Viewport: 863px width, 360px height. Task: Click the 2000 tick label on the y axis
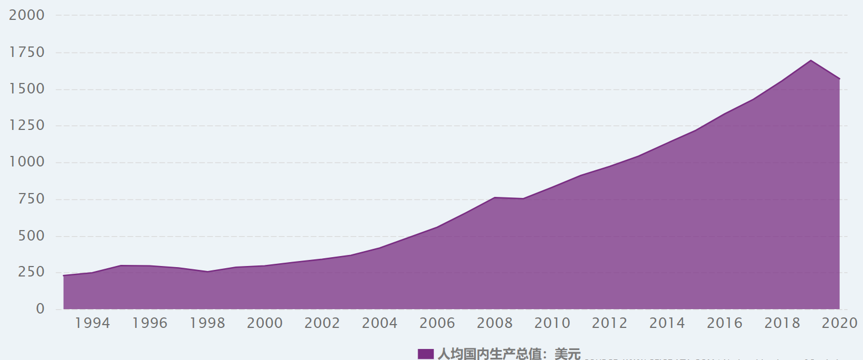(x=27, y=15)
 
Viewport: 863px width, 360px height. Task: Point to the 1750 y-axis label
(x=27, y=53)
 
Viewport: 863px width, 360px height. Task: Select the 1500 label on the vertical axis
(x=27, y=89)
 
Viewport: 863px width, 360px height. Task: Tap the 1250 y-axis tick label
(x=27, y=126)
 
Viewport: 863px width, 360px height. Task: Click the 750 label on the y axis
(x=32, y=199)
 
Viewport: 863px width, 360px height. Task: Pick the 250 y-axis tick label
(x=32, y=273)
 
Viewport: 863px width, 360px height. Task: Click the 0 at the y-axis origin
(x=40, y=309)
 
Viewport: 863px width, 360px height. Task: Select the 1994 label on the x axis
(x=92, y=324)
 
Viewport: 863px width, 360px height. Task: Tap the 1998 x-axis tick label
(x=207, y=324)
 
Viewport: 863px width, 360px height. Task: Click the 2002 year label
(x=322, y=324)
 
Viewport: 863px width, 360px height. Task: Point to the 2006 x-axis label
(x=437, y=324)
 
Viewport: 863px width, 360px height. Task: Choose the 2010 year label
(x=552, y=324)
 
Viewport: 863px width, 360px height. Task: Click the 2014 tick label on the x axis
(x=667, y=324)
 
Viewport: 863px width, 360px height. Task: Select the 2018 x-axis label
(x=782, y=324)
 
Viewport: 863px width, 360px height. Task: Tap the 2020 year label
(x=839, y=324)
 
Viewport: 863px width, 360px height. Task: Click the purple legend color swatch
(x=425, y=354)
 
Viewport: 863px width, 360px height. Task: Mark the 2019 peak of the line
(x=810, y=60)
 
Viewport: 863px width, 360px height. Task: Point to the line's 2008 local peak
(x=495, y=197)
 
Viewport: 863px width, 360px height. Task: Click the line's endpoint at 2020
(x=839, y=79)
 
